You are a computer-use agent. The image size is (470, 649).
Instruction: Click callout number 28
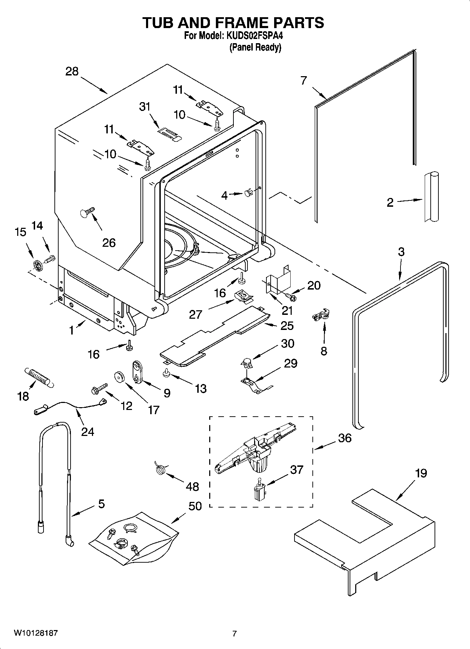[x=72, y=72]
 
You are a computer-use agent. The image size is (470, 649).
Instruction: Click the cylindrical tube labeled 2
[x=431, y=197]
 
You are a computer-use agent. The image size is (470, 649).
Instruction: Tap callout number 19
[x=421, y=473]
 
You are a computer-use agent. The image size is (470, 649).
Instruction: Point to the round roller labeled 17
[x=120, y=377]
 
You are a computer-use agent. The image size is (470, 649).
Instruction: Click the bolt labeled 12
[x=98, y=389]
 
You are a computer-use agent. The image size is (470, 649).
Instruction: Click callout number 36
[x=345, y=438]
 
